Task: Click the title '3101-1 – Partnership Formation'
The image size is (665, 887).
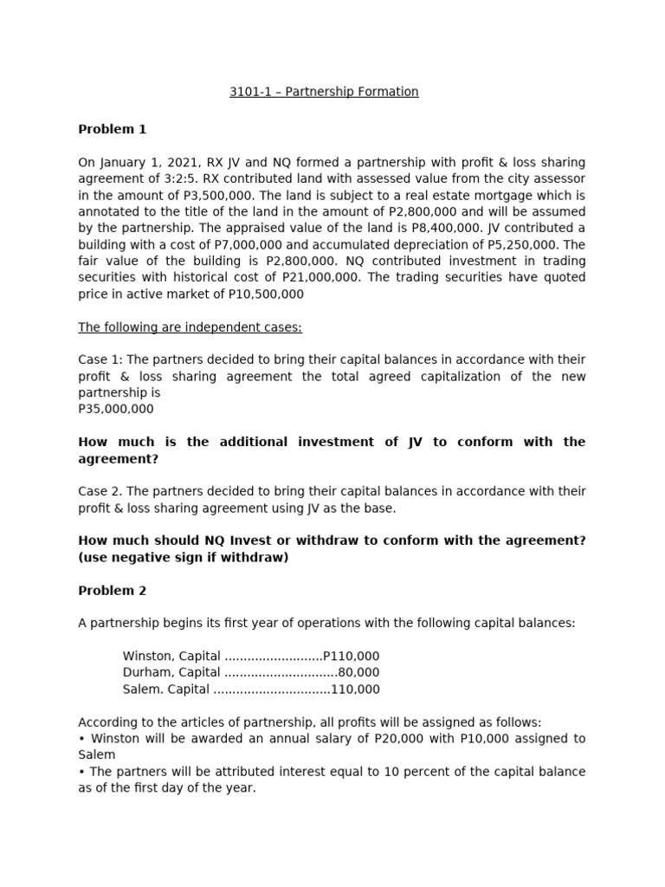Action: tap(324, 92)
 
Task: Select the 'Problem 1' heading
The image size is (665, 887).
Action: tap(112, 129)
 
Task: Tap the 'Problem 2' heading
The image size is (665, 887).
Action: tap(112, 591)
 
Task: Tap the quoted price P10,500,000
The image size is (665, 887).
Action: tap(263, 295)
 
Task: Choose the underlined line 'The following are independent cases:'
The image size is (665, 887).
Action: tap(190, 327)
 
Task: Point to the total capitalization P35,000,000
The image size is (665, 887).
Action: tap(115, 409)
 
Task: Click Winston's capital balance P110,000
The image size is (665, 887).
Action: tap(351, 656)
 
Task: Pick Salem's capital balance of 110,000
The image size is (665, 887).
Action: tap(355, 690)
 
